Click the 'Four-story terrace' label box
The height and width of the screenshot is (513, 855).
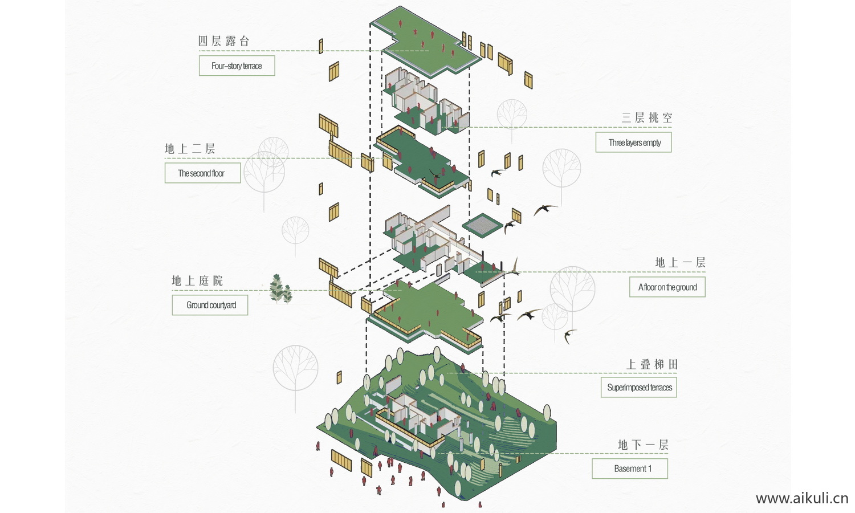237,66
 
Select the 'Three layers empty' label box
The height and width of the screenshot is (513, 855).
633,142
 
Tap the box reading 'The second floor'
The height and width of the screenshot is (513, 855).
202,173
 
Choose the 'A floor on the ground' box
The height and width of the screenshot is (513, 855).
667,287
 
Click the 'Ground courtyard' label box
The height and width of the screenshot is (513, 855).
210,305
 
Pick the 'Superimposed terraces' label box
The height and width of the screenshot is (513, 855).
639,388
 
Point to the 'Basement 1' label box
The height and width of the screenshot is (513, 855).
630,469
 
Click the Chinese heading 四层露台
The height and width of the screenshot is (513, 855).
223,41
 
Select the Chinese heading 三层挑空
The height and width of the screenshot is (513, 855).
647,118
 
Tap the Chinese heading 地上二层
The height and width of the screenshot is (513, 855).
190,149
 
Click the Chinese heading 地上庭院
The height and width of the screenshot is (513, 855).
197,280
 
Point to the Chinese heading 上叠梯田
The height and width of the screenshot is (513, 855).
652,364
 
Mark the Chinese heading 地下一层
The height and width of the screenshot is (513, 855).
643,445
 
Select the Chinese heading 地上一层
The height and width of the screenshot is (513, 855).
680,262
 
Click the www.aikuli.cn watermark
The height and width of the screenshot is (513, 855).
802,498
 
